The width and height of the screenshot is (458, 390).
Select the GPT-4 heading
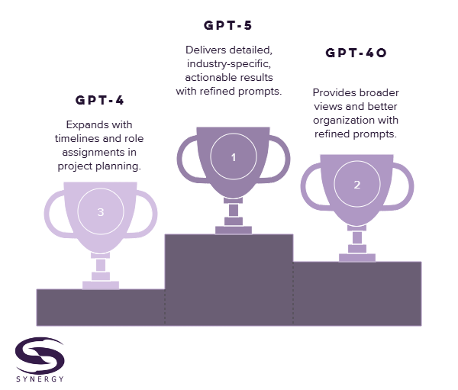click(x=100, y=99)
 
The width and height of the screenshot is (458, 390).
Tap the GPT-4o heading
click(x=356, y=53)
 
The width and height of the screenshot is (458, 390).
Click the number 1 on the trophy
click(x=234, y=157)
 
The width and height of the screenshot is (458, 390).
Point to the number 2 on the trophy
click(x=356, y=185)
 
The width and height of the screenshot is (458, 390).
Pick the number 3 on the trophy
click(x=100, y=212)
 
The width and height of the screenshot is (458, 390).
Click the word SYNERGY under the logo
click(x=39, y=379)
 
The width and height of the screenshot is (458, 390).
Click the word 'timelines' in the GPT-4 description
click(x=78, y=138)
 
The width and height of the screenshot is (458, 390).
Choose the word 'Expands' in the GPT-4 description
click(x=80, y=124)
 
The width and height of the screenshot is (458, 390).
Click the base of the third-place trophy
click(x=101, y=285)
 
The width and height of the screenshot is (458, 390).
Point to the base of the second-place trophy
click(x=356, y=257)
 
